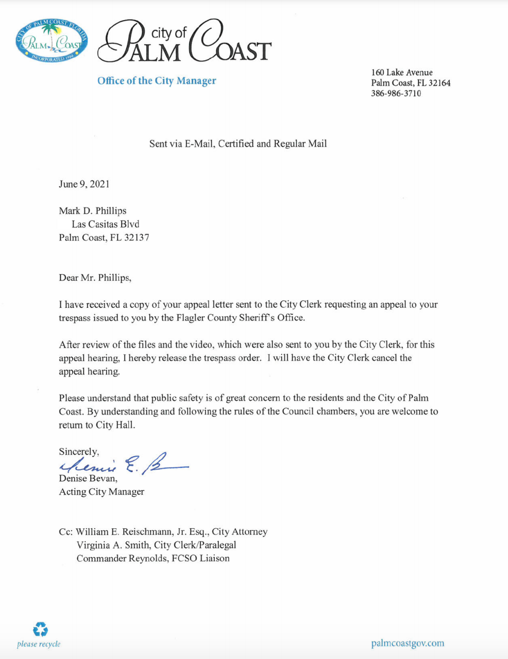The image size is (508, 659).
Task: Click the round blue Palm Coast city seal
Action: click(x=52, y=42)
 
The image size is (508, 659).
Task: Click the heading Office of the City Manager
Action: click(x=157, y=81)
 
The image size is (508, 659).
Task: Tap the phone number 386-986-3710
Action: click(x=396, y=93)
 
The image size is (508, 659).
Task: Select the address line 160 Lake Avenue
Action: click(x=402, y=73)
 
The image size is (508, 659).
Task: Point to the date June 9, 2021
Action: click(x=84, y=184)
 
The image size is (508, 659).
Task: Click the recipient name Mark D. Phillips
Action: click(x=93, y=211)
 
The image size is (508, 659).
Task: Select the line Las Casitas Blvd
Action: click(x=106, y=224)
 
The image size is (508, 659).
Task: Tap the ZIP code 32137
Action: click(x=137, y=237)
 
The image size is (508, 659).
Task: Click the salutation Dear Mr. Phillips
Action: click(x=95, y=278)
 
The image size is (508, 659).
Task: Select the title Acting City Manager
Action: click(x=101, y=492)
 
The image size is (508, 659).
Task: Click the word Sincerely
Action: click(x=78, y=452)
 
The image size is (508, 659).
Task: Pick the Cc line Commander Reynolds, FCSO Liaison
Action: click(x=153, y=558)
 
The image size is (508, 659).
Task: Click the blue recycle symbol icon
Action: click(x=40, y=629)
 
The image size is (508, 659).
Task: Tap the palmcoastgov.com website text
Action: click(x=407, y=643)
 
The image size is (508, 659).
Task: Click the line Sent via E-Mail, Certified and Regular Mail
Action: click(x=238, y=144)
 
